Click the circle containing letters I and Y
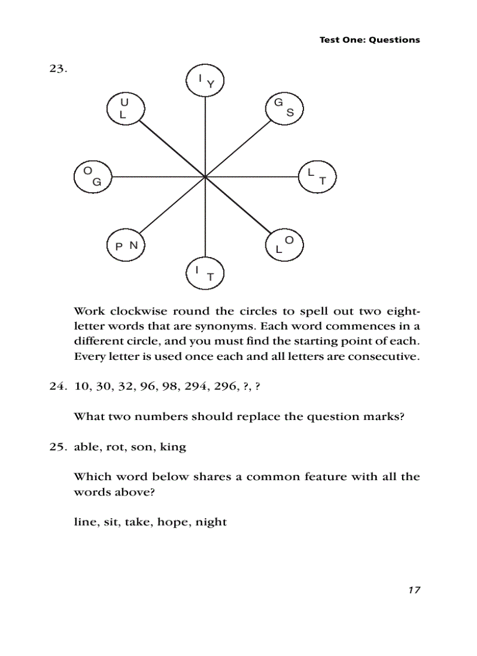205,81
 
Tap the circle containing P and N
126,245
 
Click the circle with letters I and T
205,273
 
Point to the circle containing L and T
317,176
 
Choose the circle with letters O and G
93,176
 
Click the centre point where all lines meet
205,176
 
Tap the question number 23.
58,69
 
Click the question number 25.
58,447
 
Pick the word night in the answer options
211,522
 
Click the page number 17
414,591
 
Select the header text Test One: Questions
369,40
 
